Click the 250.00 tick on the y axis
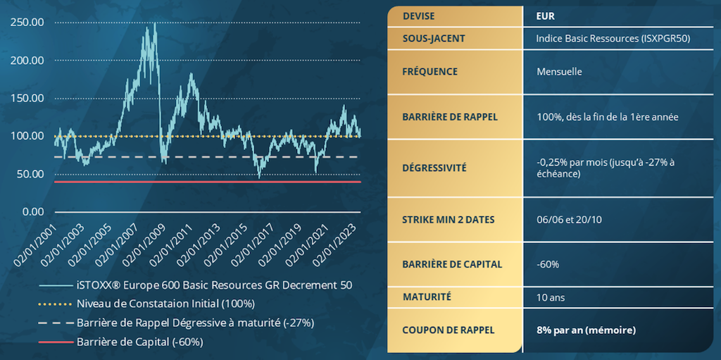click(27, 23)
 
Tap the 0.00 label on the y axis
click(32, 212)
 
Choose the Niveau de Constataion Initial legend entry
click(165, 304)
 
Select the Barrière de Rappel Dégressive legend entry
click(194, 323)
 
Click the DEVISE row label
click(418, 16)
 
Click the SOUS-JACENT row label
click(434, 38)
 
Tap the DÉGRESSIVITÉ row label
click(434, 168)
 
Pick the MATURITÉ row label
click(427, 297)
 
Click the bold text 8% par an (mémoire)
click(587, 330)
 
